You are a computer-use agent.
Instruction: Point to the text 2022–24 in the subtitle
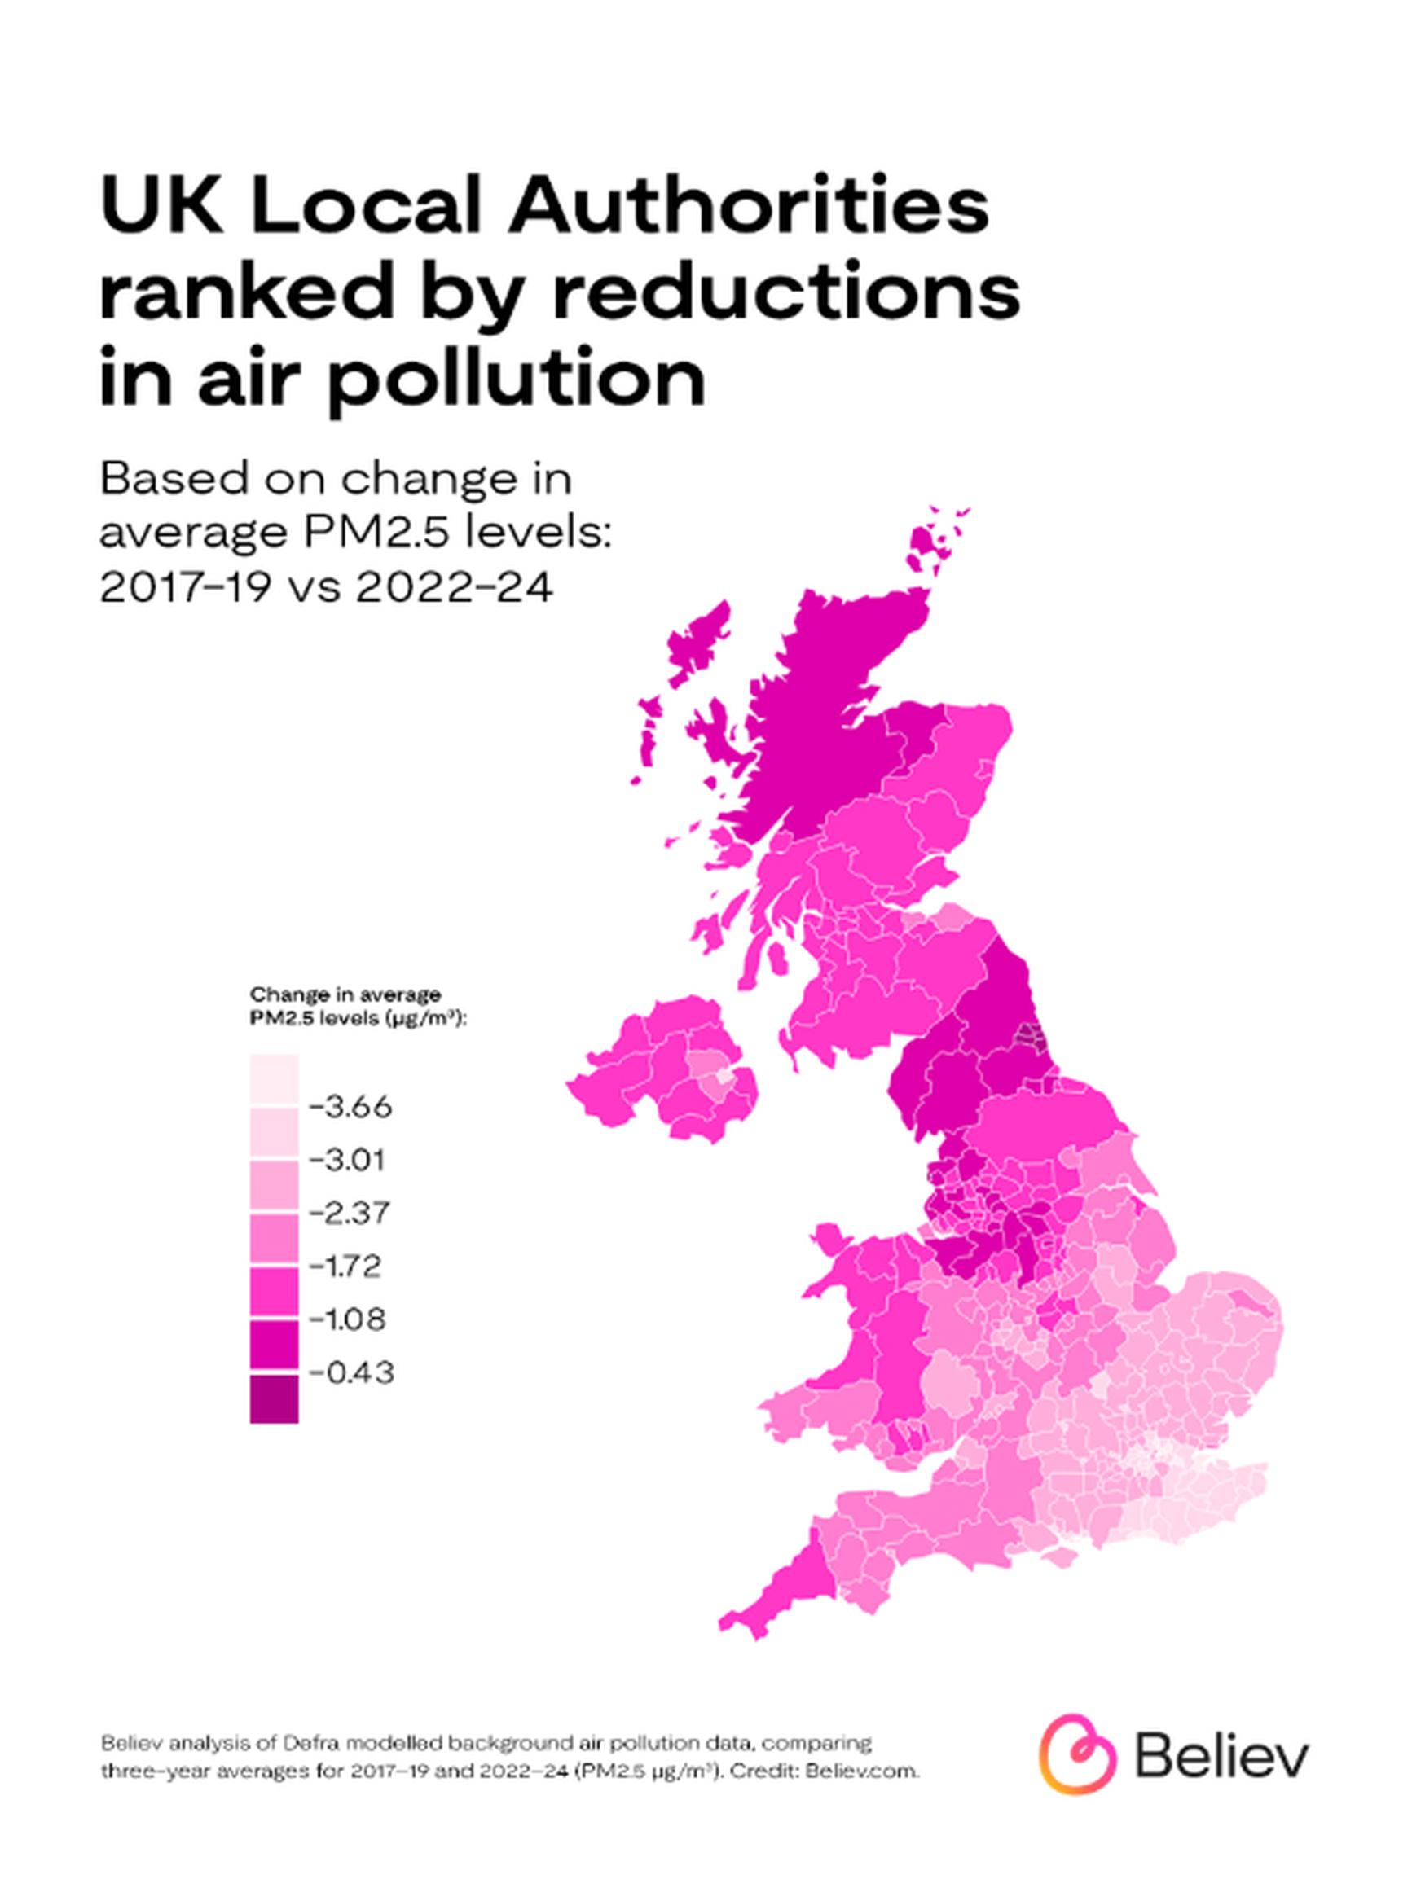pyautogui.click(x=455, y=587)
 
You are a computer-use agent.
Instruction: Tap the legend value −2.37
pyautogui.click(x=350, y=1212)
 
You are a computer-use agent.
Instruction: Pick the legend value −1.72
pyautogui.click(x=346, y=1266)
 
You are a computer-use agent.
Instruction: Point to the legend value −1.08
pyautogui.click(x=349, y=1319)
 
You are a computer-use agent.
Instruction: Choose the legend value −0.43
pyautogui.click(x=351, y=1372)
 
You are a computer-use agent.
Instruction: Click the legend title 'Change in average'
pyautogui.click(x=345, y=994)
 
